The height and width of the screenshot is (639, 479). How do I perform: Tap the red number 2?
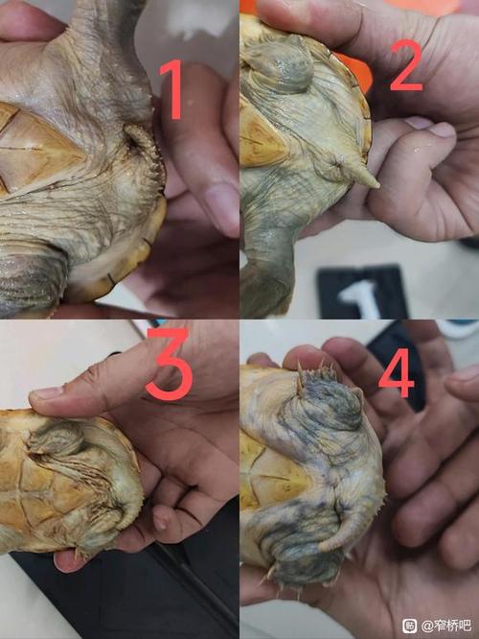click(x=407, y=65)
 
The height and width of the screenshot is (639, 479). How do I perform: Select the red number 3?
click(x=169, y=364)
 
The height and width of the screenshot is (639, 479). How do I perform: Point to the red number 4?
click(x=397, y=372)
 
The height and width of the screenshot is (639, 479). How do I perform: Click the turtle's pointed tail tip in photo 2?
click(x=377, y=185)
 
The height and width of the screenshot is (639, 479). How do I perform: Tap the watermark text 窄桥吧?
click(x=452, y=626)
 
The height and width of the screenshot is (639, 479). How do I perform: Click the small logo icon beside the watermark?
click(x=409, y=626)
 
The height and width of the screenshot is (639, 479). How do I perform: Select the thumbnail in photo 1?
click(x=219, y=208)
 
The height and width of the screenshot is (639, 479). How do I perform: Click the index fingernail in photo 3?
click(x=46, y=394)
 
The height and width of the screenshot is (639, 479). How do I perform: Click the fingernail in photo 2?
click(x=442, y=130)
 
